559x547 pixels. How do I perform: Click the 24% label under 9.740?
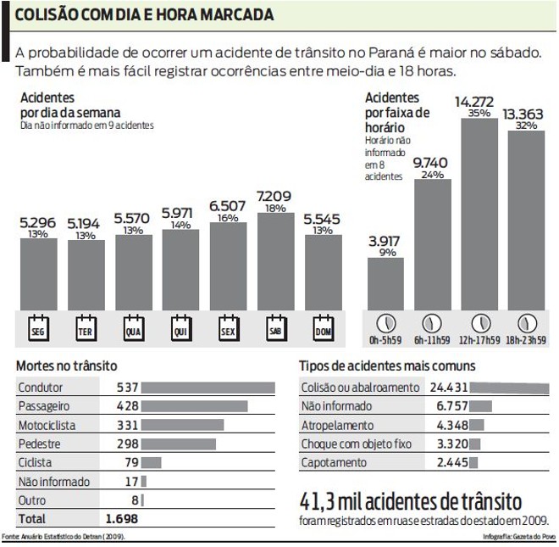432,175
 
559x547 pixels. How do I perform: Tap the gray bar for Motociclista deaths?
182,425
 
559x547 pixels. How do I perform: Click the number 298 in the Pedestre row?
127,444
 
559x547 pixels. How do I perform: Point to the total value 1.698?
121,518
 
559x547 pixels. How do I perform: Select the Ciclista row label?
35,462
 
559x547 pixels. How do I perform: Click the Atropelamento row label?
337,425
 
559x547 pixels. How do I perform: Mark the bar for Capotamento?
473,462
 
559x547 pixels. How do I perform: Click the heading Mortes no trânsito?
63,366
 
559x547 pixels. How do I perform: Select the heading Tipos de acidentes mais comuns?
386,366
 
